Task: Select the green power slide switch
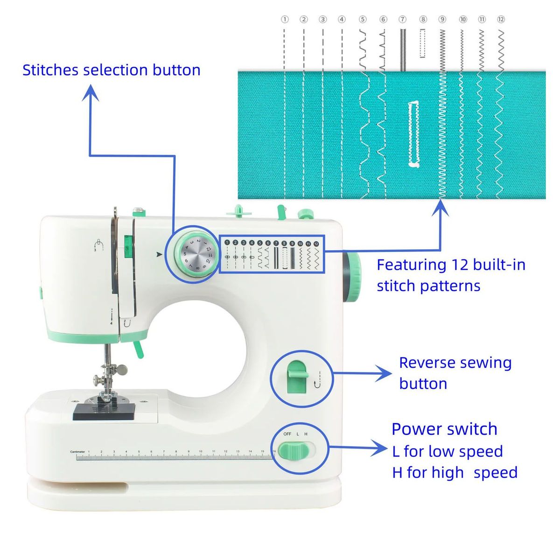point(297,451)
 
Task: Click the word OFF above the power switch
point(287,434)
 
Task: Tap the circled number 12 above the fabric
point(501,19)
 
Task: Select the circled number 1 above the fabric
point(285,19)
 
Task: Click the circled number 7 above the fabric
point(403,19)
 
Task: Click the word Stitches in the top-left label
point(50,70)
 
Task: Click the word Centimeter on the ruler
point(77,452)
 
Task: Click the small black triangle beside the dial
point(160,255)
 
